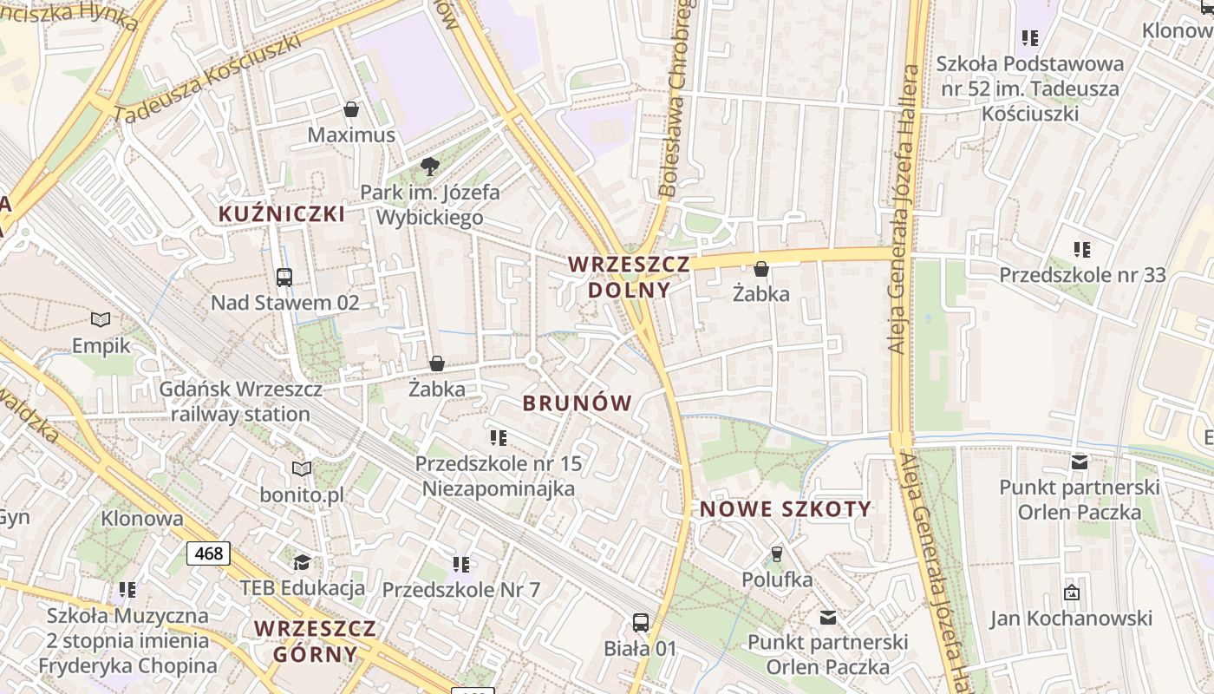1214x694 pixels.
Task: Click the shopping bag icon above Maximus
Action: (351, 109)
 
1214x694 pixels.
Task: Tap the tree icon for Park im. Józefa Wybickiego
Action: (429, 167)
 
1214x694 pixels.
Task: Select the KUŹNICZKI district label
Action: (282, 214)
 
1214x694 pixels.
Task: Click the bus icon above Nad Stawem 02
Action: (284, 278)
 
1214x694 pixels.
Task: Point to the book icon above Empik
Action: (101, 320)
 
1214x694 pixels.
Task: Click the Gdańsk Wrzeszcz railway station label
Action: (240, 402)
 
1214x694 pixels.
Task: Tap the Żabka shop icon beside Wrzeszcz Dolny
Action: (760, 269)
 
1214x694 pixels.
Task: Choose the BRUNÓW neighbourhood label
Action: (578, 403)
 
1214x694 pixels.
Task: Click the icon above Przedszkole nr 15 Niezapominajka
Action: (498, 438)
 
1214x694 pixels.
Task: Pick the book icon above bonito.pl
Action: (302, 469)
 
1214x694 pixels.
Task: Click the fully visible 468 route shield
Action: (208, 553)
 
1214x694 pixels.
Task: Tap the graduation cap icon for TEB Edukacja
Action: (302, 562)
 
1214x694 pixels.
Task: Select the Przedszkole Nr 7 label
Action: (460, 590)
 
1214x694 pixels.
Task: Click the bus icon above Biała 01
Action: (641, 622)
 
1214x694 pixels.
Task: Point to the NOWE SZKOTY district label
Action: (786, 509)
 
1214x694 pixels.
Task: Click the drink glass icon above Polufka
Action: (777, 553)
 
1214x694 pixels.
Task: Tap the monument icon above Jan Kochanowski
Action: (1072, 593)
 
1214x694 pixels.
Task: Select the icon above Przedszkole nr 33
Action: (1082, 250)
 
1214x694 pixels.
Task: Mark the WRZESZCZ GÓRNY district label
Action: (316, 641)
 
